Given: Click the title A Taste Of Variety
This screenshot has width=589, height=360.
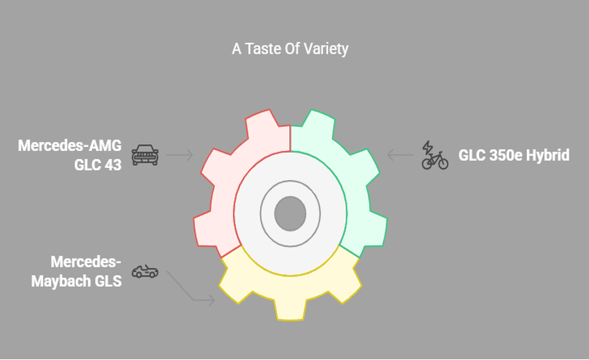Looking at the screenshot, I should click(x=290, y=49).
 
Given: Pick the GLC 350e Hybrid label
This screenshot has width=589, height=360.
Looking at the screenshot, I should click(x=513, y=155).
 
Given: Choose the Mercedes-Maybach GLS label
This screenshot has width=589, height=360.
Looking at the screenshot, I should click(x=76, y=272).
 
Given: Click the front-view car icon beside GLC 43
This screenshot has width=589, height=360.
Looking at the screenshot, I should click(x=145, y=155).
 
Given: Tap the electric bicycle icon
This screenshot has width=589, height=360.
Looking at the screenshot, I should click(x=435, y=159).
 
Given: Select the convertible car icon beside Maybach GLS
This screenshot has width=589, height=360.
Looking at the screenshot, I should click(x=145, y=272).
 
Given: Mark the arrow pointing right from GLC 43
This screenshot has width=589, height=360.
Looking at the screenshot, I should click(x=179, y=155).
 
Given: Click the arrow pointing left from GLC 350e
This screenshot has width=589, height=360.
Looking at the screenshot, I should click(x=400, y=155).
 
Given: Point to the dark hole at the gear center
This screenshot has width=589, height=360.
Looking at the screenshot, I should click(x=290, y=212).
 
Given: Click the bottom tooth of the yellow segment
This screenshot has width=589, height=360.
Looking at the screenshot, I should click(x=290, y=310).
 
